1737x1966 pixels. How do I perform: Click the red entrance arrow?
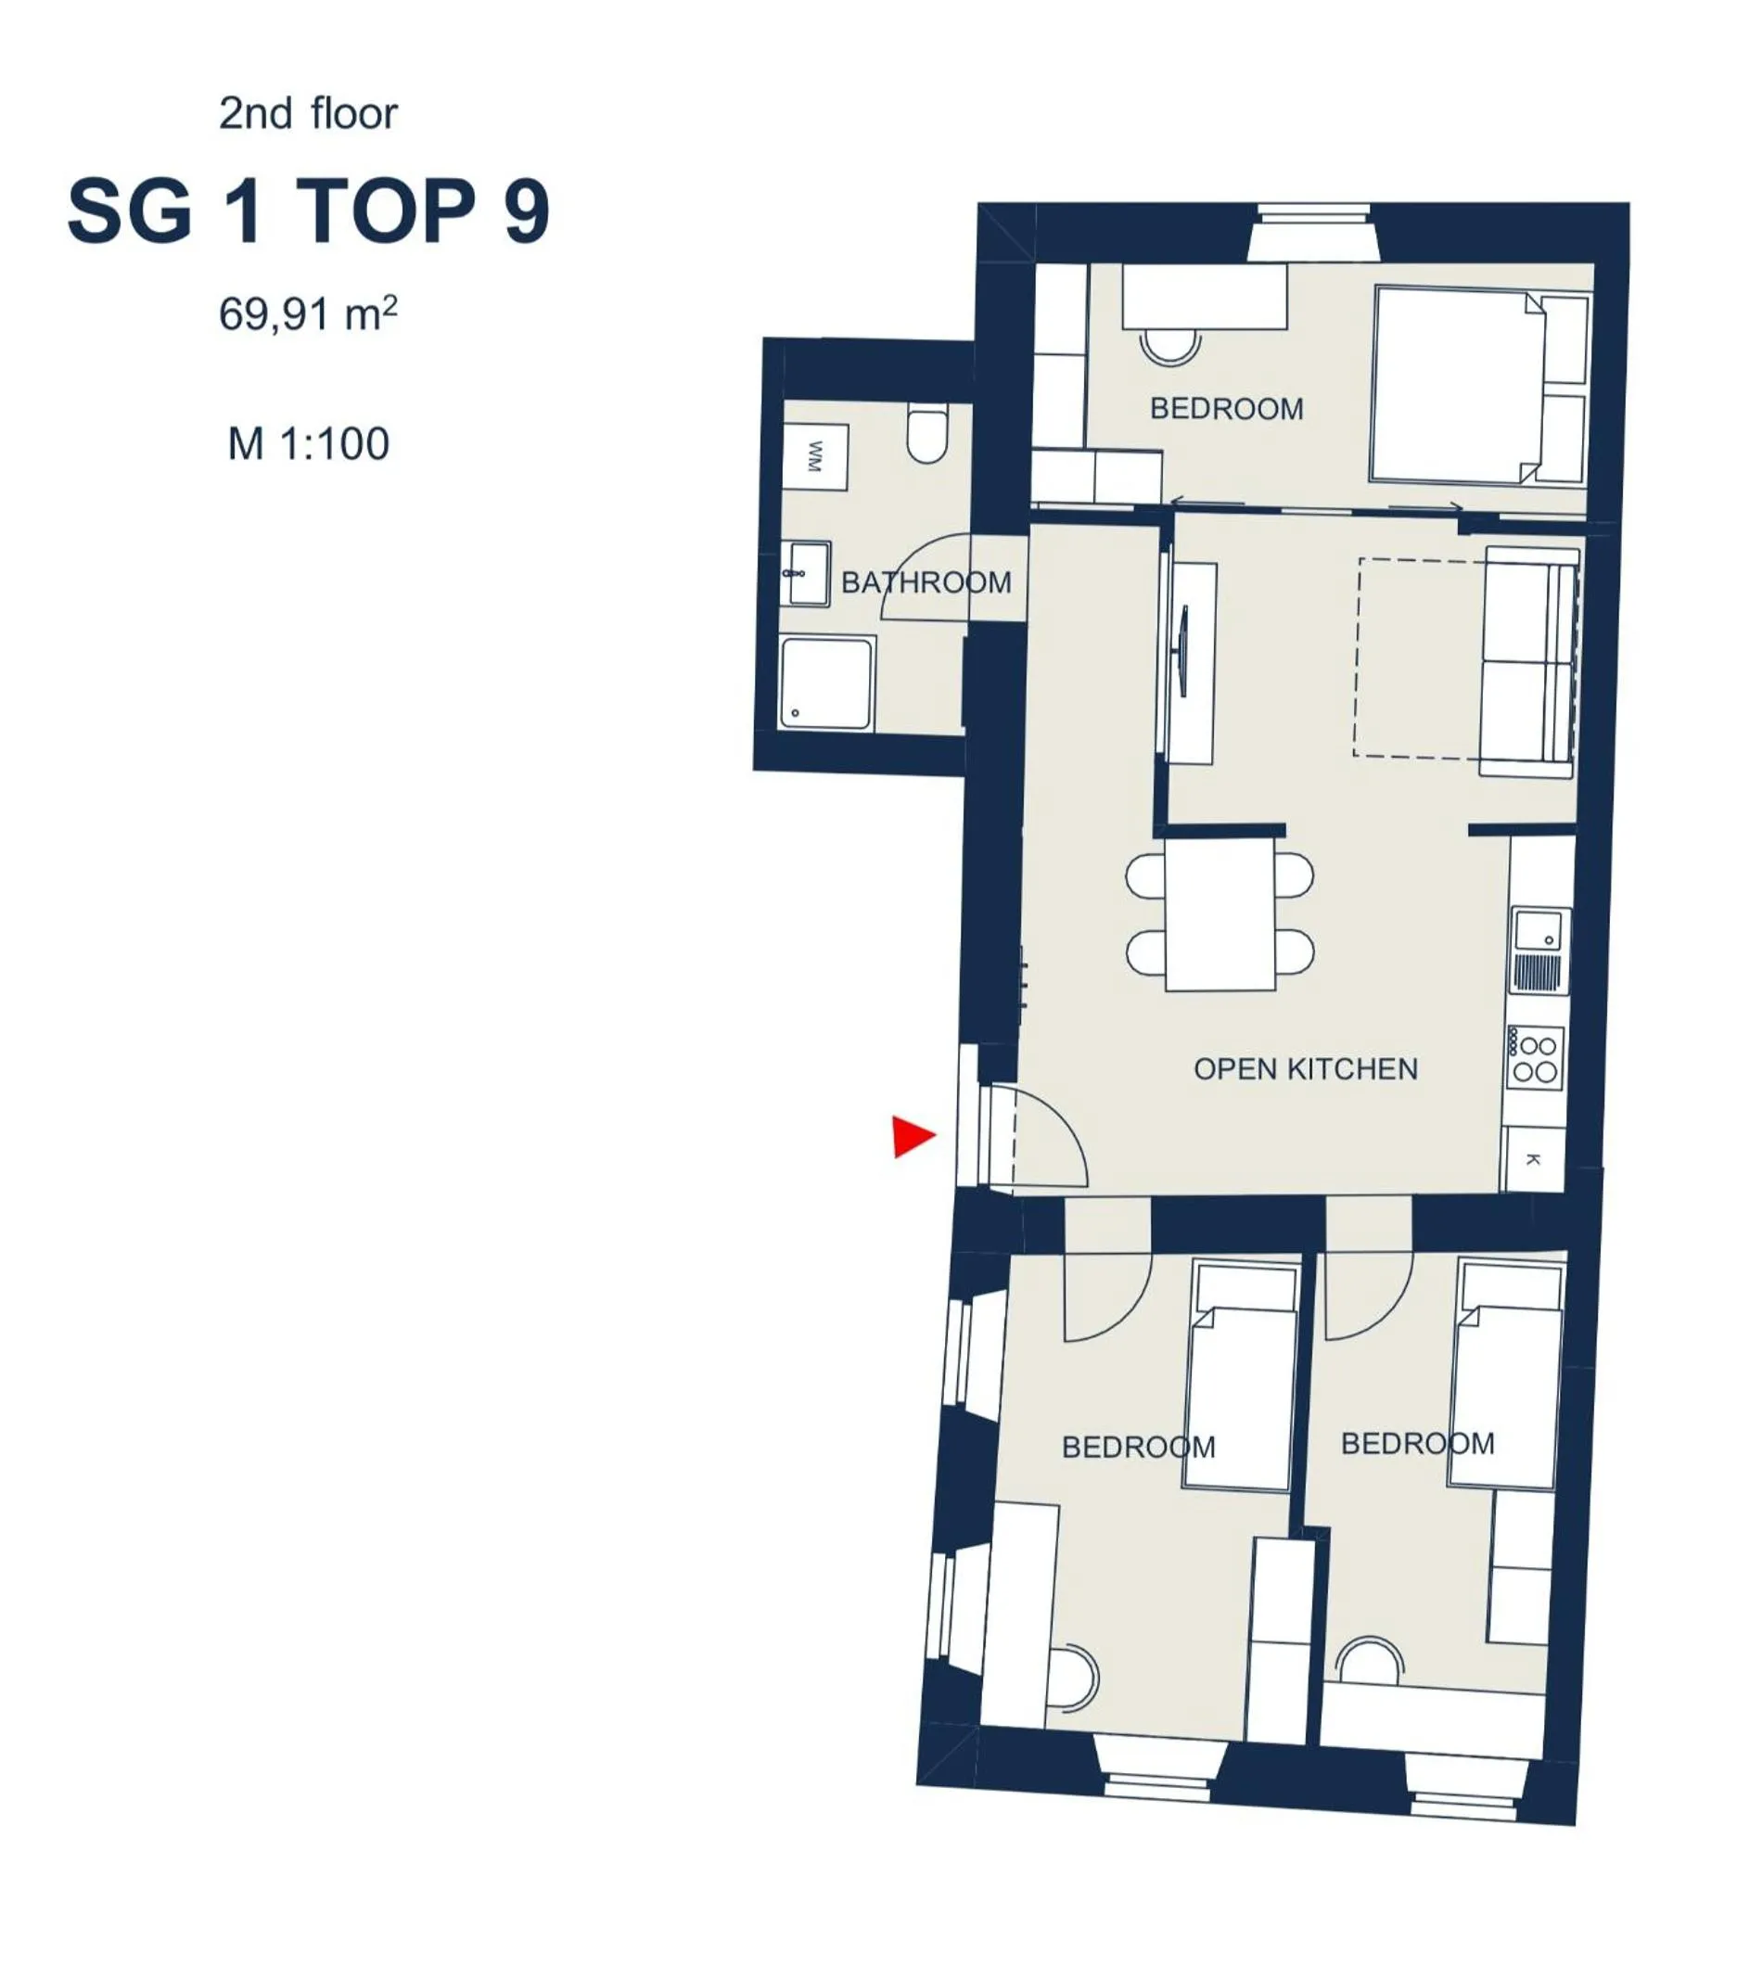[x=911, y=1136]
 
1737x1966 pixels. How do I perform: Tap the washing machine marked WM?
[x=814, y=457]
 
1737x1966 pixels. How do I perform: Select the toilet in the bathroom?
[x=927, y=435]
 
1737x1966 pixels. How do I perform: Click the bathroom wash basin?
[x=805, y=573]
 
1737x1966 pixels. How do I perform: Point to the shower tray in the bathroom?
[x=826, y=683]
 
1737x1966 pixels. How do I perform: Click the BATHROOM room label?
[x=926, y=581]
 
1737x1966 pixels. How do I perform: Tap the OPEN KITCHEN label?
[x=1305, y=1068]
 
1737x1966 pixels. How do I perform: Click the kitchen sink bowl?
[x=1537, y=931]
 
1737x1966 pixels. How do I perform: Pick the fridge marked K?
[x=1533, y=1160]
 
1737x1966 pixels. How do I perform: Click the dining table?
[x=1220, y=914]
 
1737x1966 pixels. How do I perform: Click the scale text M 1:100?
[x=308, y=444]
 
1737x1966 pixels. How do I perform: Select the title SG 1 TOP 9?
[x=308, y=211]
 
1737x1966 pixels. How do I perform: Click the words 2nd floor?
[x=308, y=113]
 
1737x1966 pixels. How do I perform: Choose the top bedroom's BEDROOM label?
[x=1226, y=409]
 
